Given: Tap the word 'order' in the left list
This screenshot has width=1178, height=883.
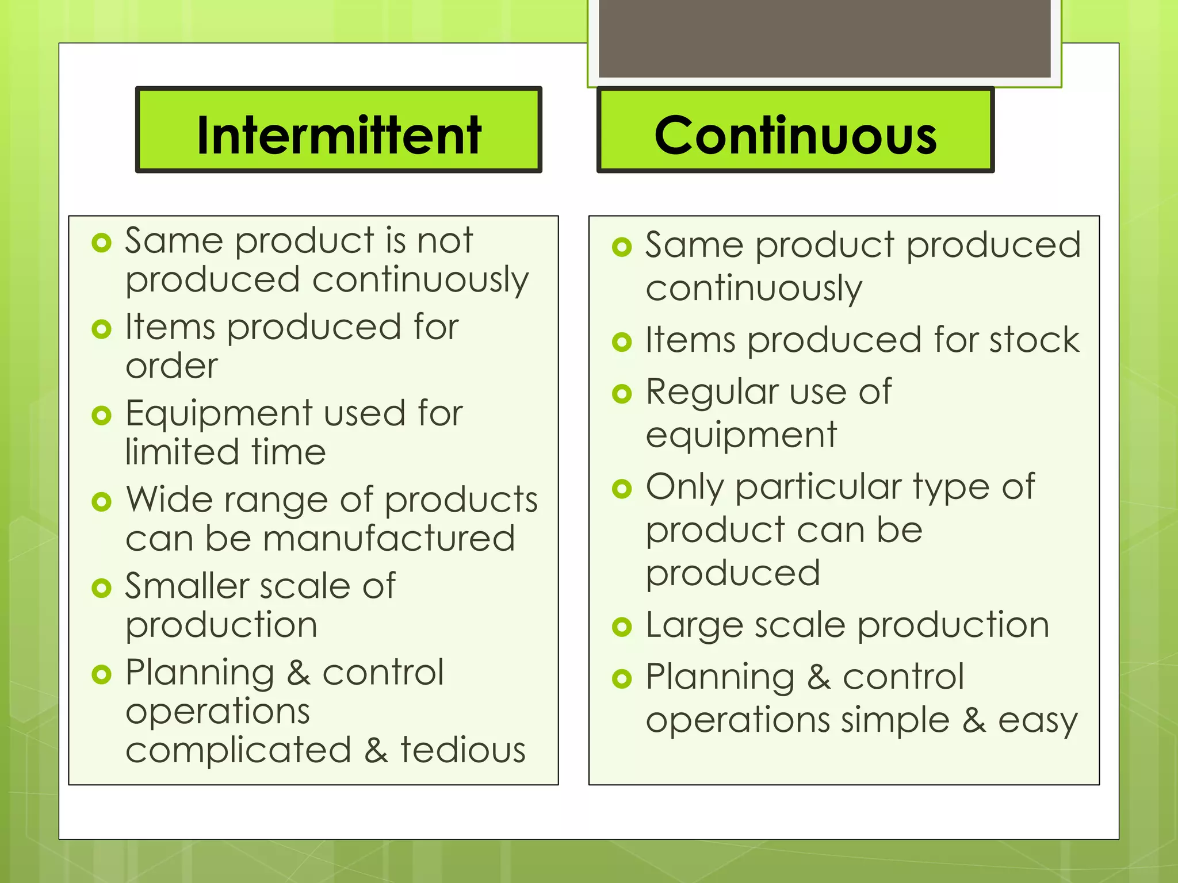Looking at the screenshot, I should (x=172, y=366).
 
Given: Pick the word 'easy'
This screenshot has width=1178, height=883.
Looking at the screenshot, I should (x=1038, y=720).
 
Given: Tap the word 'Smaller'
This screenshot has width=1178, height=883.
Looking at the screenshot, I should (x=187, y=586).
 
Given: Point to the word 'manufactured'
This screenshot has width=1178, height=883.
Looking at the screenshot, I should (x=389, y=539).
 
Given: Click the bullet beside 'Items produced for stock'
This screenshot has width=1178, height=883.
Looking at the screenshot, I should (x=622, y=342).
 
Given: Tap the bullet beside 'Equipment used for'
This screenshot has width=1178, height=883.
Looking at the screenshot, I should (x=102, y=415).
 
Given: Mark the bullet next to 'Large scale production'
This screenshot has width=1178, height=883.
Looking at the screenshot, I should (x=622, y=627).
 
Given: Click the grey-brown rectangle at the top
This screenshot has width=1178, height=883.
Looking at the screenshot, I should (x=824, y=38).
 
